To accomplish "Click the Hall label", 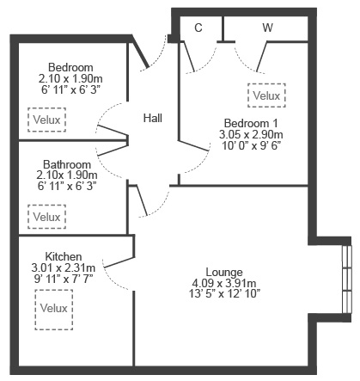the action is (153, 118).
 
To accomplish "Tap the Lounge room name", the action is (224, 272).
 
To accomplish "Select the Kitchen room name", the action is (64, 256).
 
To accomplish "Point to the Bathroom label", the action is (67, 164).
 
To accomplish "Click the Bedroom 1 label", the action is (251, 123).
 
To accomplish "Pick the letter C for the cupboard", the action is (198, 28).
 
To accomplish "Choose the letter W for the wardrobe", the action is (267, 28).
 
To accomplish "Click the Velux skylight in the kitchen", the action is (54, 310).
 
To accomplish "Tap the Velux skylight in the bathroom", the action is (47, 217).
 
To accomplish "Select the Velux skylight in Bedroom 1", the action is (266, 95).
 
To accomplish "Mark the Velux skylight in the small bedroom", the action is (47, 120).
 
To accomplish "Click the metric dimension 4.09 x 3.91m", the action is (224, 283).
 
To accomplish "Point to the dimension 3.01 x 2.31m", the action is (64, 268).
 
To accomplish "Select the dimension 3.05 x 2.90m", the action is (251, 134).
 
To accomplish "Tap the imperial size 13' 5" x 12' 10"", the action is (224, 294).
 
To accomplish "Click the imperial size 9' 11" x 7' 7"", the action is (64, 279).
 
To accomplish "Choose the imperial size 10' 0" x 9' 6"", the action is (251, 145).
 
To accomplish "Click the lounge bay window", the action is (347, 279).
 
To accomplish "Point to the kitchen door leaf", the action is (119, 262).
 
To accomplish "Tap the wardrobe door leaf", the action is (262, 57).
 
